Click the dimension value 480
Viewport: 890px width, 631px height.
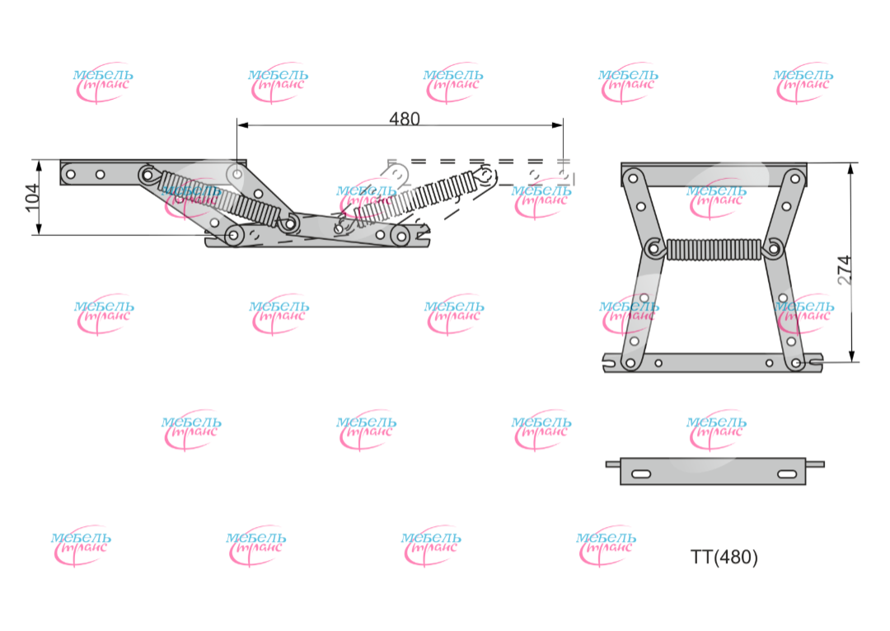click(x=404, y=119)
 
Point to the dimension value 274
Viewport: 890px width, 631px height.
click(x=845, y=270)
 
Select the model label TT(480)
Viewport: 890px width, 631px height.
click(x=724, y=558)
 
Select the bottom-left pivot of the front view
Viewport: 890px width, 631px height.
click(x=630, y=362)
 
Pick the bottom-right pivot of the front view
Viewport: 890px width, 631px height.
click(x=796, y=362)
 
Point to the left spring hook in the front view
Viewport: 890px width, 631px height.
click(x=655, y=247)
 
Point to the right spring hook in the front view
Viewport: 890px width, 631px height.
click(x=773, y=247)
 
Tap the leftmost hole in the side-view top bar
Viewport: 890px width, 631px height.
click(x=71, y=174)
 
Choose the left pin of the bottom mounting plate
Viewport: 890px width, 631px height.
click(x=612, y=464)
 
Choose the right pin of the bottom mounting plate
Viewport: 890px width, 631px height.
click(x=815, y=464)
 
